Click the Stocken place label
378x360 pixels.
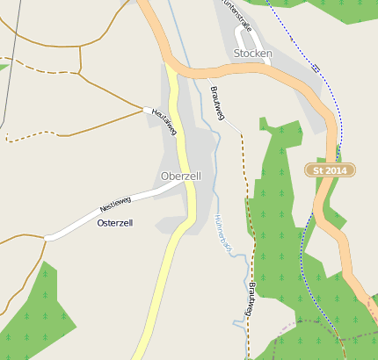253,54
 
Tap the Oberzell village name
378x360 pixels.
181,176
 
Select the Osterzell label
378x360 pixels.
114,224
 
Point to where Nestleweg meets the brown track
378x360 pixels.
47,237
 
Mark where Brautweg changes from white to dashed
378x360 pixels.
241,133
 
